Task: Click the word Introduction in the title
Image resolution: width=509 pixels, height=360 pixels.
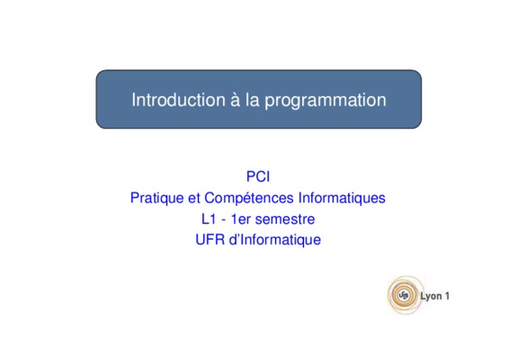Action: point(178,99)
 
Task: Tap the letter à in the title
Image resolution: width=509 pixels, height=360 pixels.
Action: point(236,99)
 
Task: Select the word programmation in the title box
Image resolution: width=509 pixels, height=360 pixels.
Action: point(326,101)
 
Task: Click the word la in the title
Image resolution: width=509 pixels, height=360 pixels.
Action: point(253,99)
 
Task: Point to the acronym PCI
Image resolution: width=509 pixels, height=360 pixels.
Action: point(258,176)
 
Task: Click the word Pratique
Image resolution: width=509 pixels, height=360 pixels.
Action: point(156,198)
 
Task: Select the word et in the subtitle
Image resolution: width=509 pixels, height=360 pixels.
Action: point(193,198)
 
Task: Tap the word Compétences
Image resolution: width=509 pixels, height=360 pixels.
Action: point(249,198)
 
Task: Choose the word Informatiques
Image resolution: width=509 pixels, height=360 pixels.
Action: point(342,198)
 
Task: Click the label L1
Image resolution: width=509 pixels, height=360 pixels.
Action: point(209,220)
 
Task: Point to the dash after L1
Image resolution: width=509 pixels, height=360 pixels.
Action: point(223,220)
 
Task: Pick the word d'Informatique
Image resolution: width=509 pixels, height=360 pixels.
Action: point(275,240)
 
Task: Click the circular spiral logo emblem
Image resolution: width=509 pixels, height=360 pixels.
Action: point(404,295)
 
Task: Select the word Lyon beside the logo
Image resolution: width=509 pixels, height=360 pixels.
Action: point(431,296)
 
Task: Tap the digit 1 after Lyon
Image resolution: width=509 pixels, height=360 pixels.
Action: point(447,296)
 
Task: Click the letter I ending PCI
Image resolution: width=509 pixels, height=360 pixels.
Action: point(268,176)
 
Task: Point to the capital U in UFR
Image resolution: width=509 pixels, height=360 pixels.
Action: point(200,239)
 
